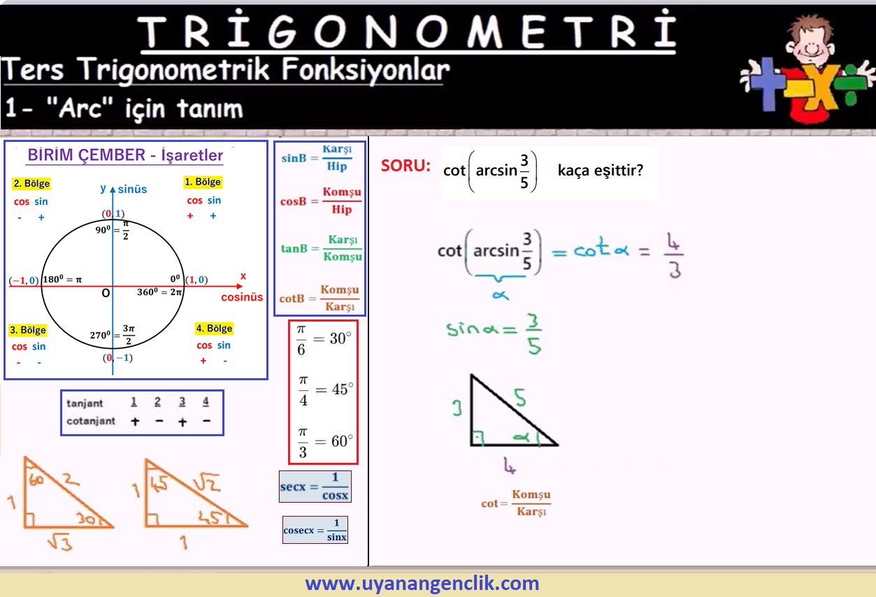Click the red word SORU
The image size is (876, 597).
point(405,166)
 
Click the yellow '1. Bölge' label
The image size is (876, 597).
point(203,182)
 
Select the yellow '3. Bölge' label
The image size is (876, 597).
point(28,330)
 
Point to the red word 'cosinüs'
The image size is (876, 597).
point(242,297)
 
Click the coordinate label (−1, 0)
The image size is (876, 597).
point(24,280)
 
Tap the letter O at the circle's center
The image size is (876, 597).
point(106,293)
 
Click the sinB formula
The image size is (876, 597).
point(317,158)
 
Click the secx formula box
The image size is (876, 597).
point(315,487)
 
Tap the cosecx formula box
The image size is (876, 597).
point(315,530)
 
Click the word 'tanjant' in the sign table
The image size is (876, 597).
point(85,403)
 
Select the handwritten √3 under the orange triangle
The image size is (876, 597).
point(60,542)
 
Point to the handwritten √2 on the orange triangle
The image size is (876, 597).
point(207,482)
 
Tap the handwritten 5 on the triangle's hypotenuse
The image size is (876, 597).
point(520,398)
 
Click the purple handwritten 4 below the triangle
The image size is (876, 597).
point(510,466)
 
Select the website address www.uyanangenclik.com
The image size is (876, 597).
point(422,583)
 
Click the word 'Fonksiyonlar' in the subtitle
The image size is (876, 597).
point(366,71)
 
